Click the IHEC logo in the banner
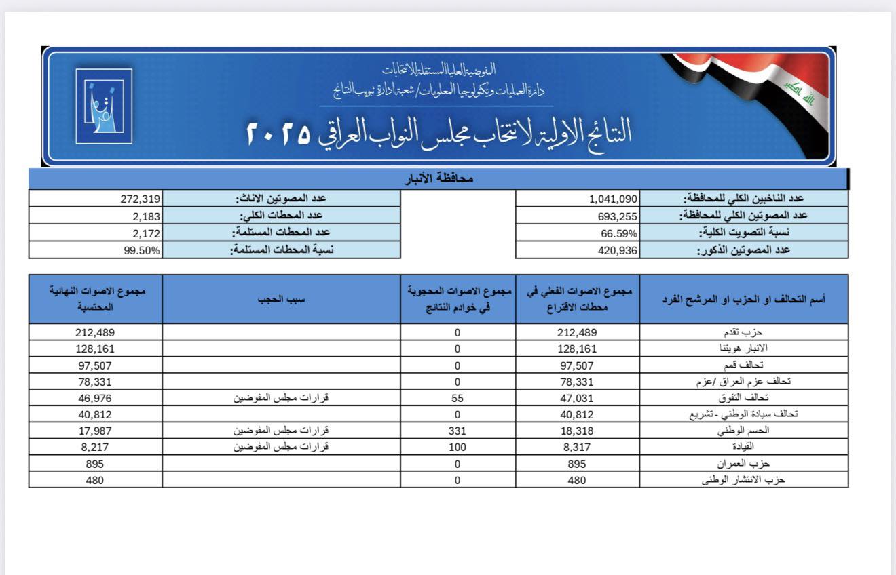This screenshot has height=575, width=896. [103, 106]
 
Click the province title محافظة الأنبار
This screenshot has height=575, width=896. [438, 179]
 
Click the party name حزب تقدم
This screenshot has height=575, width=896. [745, 332]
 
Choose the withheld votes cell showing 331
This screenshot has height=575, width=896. [457, 431]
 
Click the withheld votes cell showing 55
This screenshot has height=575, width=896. [457, 398]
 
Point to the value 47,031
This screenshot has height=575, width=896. [578, 398]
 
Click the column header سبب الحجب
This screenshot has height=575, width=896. [281, 299]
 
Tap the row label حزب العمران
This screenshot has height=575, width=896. [744, 464]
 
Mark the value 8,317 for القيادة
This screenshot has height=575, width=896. [578, 447]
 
